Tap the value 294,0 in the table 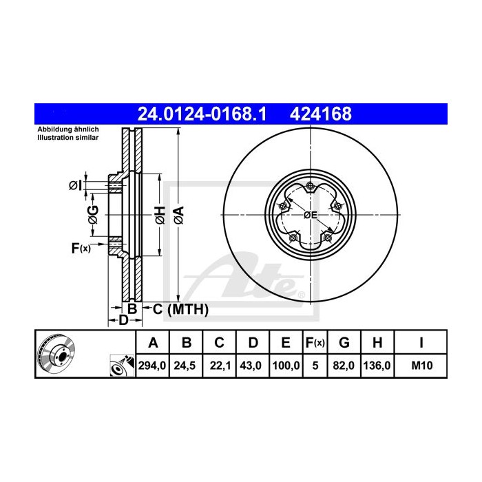pyautogui.click(x=154, y=366)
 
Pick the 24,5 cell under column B pyautogui.click(x=186, y=366)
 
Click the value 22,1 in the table pyautogui.click(x=219, y=366)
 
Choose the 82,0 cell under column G pyautogui.click(x=346, y=366)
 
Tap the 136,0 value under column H pyautogui.click(x=378, y=366)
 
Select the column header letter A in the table pyautogui.click(x=154, y=342)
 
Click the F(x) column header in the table pyautogui.click(x=315, y=342)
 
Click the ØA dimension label pyautogui.click(x=178, y=215)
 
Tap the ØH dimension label pyautogui.click(x=159, y=215)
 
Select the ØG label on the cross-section pyautogui.click(x=94, y=215)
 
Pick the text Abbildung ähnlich pyautogui.click(x=67, y=129)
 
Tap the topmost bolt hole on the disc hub pyautogui.click(x=311, y=185)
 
